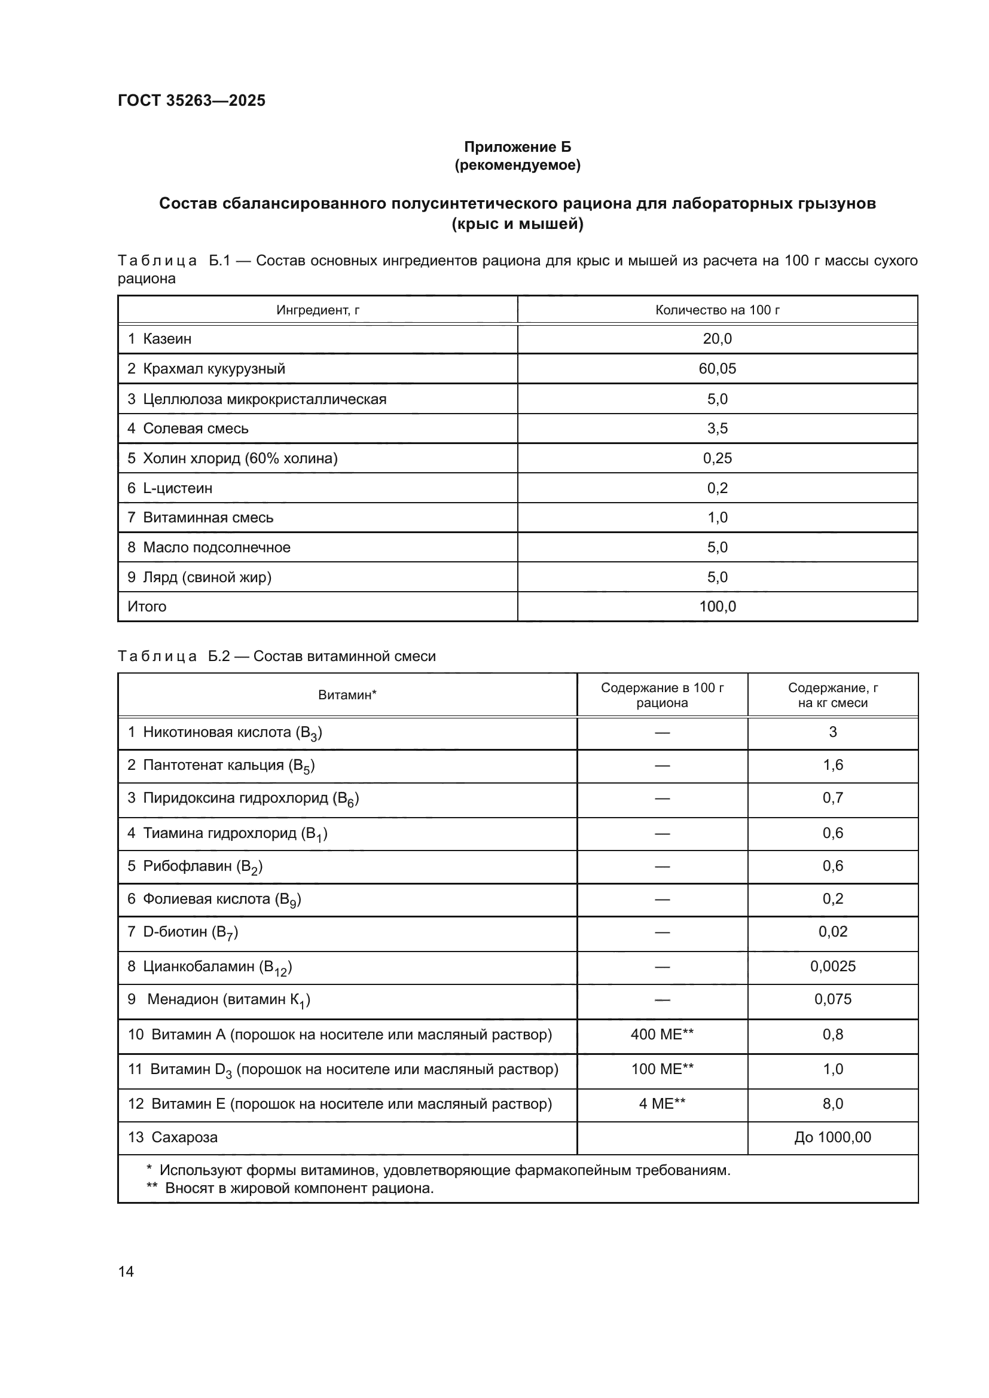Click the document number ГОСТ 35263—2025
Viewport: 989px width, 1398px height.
tap(191, 100)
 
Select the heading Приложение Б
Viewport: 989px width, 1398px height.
tap(517, 147)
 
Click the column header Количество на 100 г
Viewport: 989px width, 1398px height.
tap(717, 310)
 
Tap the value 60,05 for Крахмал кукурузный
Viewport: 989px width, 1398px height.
tap(717, 369)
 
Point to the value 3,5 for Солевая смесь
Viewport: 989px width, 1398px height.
tap(717, 429)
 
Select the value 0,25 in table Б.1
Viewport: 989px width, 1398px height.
tap(717, 458)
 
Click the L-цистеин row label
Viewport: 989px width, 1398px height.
tap(170, 488)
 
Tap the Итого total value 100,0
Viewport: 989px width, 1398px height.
tap(717, 607)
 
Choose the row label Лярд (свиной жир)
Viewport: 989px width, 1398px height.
tap(199, 577)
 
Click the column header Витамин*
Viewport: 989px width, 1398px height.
tap(347, 695)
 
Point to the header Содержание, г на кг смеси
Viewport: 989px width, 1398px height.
tap(832, 695)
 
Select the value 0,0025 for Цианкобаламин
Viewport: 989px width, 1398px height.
tap(832, 966)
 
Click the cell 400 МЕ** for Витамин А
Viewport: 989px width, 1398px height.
tap(662, 1035)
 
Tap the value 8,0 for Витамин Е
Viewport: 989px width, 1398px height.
tap(832, 1104)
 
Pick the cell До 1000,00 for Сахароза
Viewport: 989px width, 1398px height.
tap(832, 1137)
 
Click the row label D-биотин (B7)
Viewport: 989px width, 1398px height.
tap(183, 932)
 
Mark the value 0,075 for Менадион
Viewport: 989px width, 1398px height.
tap(832, 999)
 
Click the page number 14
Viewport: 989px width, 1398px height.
tap(126, 1272)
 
